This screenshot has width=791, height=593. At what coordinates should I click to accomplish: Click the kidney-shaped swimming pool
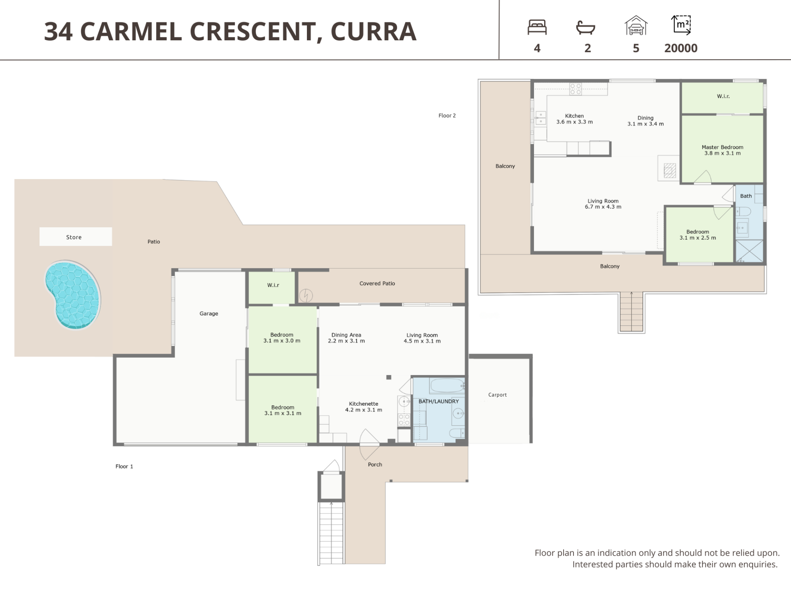[x=73, y=295]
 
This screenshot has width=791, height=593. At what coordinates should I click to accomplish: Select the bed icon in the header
[x=537, y=27]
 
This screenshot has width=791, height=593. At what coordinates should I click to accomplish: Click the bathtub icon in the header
[x=585, y=28]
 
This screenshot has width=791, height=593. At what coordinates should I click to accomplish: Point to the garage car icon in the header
[x=636, y=26]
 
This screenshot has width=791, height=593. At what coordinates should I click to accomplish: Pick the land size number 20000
[x=681, y=48]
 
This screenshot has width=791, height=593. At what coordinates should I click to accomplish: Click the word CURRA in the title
[x=373, y=31]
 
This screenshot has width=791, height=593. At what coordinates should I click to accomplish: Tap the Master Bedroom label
[x=723, y=147]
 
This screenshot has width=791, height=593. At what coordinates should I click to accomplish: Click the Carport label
[x=497, y=395]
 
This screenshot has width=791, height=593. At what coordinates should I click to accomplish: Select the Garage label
[x=209, y=313]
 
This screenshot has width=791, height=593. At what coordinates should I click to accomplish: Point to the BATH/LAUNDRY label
[x=439, y=401]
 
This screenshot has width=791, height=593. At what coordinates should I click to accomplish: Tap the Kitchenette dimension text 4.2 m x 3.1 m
[x=363, y=410]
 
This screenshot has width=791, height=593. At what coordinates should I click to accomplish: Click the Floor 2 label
[x=447, y=115]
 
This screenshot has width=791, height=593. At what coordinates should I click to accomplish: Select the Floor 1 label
[x=124, y=466]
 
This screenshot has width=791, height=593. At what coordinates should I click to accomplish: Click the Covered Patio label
[x=377, y=283]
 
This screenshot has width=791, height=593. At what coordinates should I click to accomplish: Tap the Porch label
[x=375, y=465]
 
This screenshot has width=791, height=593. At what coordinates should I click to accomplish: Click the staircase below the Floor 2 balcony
[x=631, y=312]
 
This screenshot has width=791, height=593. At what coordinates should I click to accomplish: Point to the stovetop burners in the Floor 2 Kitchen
[x=576, y=89]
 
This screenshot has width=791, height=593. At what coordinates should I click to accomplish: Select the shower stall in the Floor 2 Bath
[x=749, y=251]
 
